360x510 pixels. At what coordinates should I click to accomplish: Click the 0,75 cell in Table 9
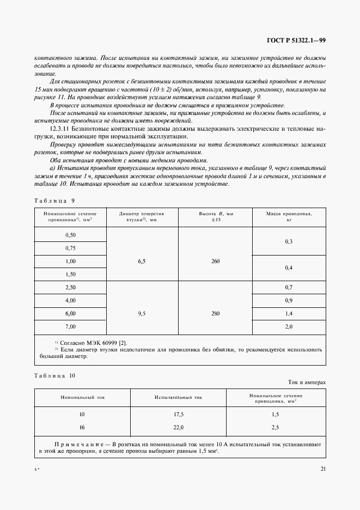70,247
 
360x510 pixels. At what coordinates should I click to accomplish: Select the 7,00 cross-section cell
70,326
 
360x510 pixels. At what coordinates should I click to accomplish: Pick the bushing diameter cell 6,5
142,261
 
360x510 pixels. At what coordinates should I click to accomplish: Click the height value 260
215,261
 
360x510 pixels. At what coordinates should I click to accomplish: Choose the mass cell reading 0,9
289,300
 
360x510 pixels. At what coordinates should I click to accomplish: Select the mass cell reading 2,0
289,326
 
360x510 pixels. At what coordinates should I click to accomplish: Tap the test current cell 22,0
179,428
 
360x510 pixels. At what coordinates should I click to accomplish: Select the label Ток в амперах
307,382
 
